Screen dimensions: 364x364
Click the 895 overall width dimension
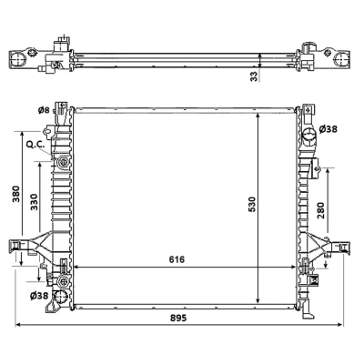[x=178, y=318]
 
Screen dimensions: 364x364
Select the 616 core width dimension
[x=177, y=259]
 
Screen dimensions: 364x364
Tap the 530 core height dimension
[x=252, y=204]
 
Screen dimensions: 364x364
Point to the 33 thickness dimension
[x=255, y=76]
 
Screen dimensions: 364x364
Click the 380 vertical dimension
[x=15, y=194]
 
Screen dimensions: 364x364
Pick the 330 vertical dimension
[x=34, y=202]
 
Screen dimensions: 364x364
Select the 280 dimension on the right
[x=320, y=210]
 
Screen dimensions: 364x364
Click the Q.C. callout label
[x=35, y=145]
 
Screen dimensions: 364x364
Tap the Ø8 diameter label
[x=44, y=110]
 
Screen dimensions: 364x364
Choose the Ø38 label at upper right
[x=329, y=129]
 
